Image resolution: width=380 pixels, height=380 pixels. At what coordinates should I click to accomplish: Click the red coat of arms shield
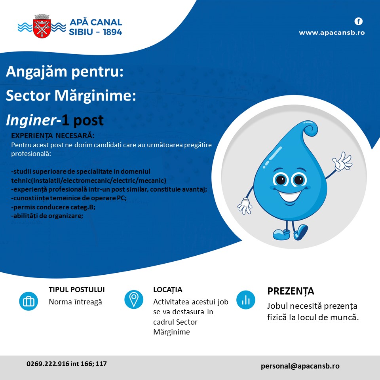42,28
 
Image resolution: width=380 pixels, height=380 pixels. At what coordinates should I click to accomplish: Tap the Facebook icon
359,21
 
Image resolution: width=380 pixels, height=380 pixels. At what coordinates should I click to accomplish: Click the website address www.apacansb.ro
332,33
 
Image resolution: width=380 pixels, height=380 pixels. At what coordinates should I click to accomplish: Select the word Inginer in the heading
31,120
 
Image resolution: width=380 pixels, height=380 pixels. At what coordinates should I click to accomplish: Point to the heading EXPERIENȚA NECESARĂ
53,135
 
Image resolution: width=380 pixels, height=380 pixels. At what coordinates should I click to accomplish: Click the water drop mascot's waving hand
342,161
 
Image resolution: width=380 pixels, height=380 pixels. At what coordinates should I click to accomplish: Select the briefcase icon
28,301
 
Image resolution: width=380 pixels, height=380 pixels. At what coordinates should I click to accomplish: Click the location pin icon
134,299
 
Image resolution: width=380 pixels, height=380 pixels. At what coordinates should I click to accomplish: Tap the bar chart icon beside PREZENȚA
246,300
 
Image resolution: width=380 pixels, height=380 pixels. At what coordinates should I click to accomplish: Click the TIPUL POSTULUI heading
76,290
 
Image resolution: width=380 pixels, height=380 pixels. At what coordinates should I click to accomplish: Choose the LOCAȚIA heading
168,290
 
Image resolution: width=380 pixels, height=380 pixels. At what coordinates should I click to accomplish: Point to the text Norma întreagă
75,302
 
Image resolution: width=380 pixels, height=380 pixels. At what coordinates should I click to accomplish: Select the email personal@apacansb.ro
300,366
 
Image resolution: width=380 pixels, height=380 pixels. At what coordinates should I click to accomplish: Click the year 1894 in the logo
112,32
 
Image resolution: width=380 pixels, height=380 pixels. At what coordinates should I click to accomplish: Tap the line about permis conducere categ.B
53,207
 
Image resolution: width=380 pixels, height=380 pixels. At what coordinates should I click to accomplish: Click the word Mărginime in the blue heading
95,96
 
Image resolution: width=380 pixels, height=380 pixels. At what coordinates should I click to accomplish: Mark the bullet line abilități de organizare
47,216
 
